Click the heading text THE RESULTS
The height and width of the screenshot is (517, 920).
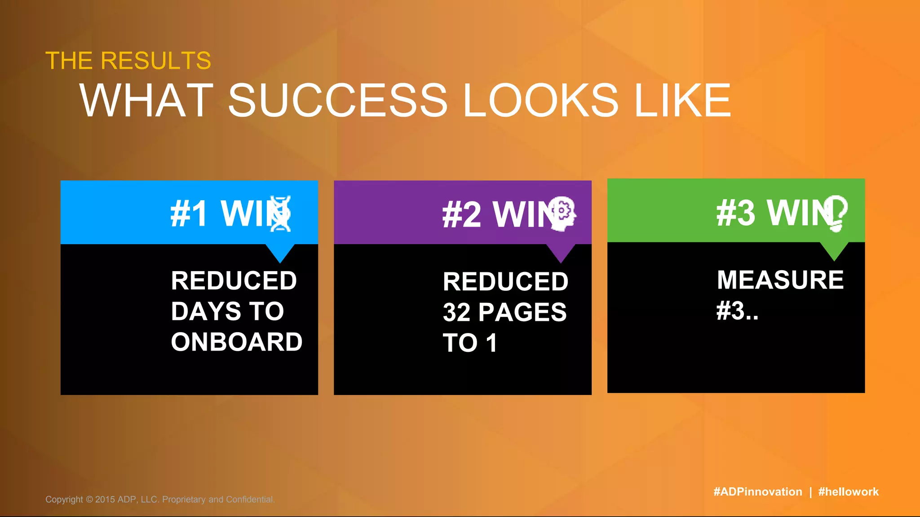tap(128, 61)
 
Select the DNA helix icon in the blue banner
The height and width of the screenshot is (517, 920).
tap(281, 214)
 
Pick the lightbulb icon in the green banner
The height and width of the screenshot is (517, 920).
tap(836, 213)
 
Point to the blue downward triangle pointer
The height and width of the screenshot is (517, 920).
tap(280, 253)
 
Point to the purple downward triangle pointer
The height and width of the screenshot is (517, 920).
tap(561, 253)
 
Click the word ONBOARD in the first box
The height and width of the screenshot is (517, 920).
tap(237, 342)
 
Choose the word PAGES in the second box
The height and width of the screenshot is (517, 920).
tap(522, 312)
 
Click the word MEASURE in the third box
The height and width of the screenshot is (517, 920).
tap(780, 280)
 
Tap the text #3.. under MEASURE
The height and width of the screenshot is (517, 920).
tap(737, 311)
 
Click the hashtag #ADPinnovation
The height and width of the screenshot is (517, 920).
tap(758, 492)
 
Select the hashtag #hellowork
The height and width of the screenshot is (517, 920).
tap(849, 492)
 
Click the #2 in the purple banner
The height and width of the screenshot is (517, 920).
tap(461, 215)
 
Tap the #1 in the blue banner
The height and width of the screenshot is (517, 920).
tap(189, 214)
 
